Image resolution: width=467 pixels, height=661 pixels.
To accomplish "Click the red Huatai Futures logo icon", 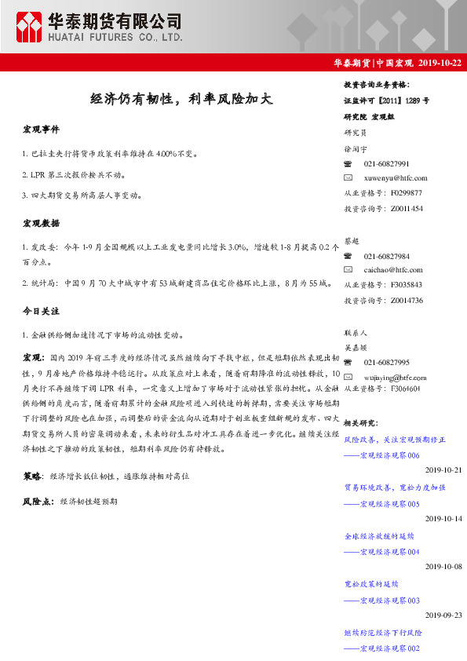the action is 31,27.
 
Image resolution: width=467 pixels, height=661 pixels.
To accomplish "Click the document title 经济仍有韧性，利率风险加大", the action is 181,99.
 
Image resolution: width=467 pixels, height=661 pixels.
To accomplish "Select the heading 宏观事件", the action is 41,129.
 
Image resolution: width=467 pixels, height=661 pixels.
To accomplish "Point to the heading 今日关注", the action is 41,312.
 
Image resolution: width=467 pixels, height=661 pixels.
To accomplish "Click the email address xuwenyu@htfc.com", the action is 396,178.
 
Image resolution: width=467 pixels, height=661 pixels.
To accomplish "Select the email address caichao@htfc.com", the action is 393,269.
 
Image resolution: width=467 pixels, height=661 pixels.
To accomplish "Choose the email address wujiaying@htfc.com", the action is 396,375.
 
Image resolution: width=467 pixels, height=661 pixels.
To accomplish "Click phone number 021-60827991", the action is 386,164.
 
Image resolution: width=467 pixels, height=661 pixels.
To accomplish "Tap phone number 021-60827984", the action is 386,256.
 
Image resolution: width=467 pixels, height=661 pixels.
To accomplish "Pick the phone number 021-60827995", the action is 386,362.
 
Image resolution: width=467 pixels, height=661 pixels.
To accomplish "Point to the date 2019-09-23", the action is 443,615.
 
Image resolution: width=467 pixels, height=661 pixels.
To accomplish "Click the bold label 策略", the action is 33,476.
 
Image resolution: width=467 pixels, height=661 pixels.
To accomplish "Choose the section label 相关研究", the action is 360,423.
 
